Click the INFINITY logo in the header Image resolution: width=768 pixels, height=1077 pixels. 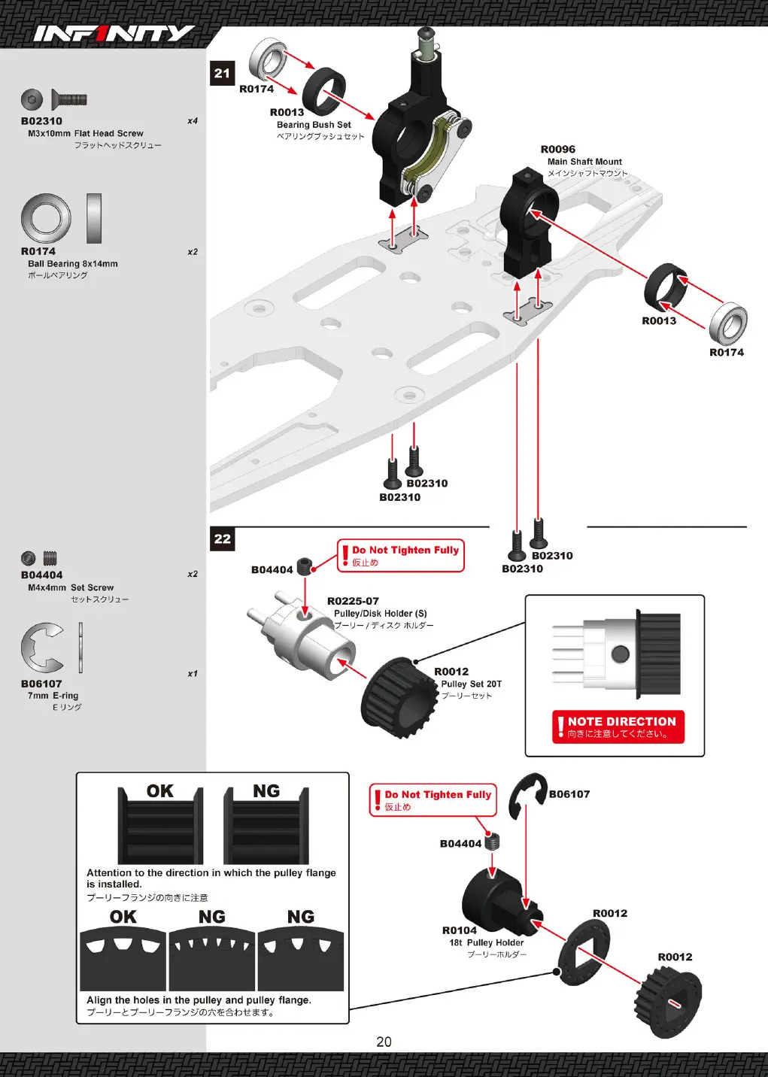[114, 34]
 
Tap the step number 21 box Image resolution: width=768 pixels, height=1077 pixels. [222, 73]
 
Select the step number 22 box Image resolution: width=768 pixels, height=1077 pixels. [222, 538]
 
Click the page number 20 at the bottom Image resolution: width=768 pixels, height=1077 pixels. [384, 1042]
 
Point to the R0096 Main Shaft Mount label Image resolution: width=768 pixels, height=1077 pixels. [584, 161]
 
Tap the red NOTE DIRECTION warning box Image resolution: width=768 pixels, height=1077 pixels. [618, 727]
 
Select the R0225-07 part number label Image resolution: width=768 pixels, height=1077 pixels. [353, 601]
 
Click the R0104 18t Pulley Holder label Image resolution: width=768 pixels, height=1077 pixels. [484, 942]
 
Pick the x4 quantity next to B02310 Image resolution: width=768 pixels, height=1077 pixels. [193, 120]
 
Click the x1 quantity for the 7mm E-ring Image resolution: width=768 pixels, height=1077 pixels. [193, 674]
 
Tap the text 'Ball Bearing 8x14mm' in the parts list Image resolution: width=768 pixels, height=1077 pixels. [73, 263]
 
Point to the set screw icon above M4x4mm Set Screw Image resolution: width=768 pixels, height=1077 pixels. [39, 558]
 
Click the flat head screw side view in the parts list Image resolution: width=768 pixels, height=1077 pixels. [69, 99]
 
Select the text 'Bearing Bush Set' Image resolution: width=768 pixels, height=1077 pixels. [314, 125]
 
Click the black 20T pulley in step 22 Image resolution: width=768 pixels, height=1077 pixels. [399, 697]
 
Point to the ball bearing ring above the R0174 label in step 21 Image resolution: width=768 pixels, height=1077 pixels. [269, 62]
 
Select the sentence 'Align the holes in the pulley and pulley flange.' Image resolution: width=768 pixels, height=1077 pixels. [199, 1000]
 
